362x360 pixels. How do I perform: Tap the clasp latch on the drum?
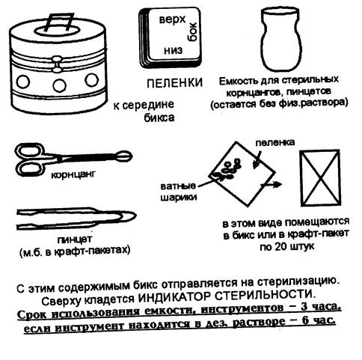click(57, 64)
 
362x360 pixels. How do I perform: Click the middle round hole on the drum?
click(60, 85)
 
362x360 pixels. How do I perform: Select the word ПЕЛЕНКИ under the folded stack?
click(174, 83)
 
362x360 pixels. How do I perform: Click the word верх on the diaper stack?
click(172, 19)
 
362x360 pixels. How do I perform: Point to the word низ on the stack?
click(173, 51)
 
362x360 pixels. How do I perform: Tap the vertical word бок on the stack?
click(191, 31)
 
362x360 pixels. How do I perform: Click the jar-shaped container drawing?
click(281, 39)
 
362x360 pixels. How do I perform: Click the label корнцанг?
click(73, 174)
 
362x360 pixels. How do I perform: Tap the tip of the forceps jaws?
click(130, 156)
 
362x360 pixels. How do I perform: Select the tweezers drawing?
click(76, 218)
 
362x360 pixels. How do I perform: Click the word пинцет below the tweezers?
click(75, 240)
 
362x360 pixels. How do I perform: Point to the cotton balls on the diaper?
click(227, 170)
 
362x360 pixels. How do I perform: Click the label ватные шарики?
click(178, 192)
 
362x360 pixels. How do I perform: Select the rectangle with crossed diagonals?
click(320, 178)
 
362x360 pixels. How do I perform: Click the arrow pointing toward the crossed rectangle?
click(271, 184)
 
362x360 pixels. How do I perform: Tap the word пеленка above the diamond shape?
click(275, 142)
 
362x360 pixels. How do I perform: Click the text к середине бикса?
click(144, 111)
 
